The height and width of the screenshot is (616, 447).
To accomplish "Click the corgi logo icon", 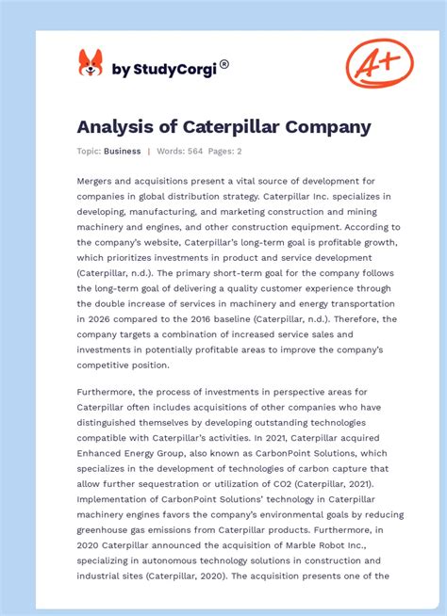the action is pyautogui.click(x=91, y=64).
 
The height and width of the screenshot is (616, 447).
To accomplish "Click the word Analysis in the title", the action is pyautogui.click(x=113, y=126).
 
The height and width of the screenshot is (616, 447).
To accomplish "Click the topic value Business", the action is pyautogui.click(x=123, y=151).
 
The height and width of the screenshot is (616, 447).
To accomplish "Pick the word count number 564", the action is pyautogui.click(x=193, y=151).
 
